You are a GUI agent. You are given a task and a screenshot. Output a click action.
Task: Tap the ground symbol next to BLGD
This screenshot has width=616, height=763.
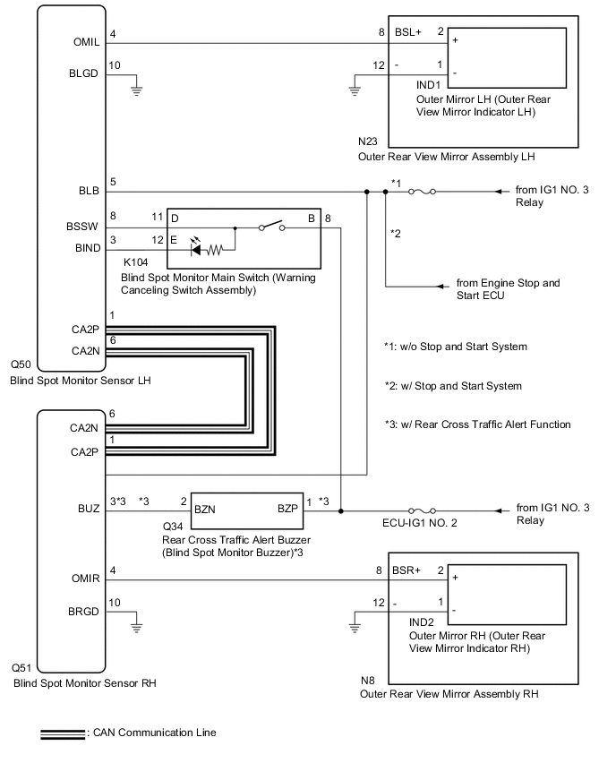coord(136,88)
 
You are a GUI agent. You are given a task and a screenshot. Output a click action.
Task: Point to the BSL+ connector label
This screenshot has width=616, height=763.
coord(407,30)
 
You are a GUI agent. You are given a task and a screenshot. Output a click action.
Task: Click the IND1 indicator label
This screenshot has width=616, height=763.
coord(430,86)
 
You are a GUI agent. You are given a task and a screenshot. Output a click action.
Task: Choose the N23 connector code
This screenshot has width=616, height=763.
coord(368,141)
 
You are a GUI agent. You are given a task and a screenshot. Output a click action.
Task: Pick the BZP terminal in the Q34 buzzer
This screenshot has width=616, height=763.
coord(287,507)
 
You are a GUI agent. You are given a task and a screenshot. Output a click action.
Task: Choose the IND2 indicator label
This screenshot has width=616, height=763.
coord(423,622)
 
